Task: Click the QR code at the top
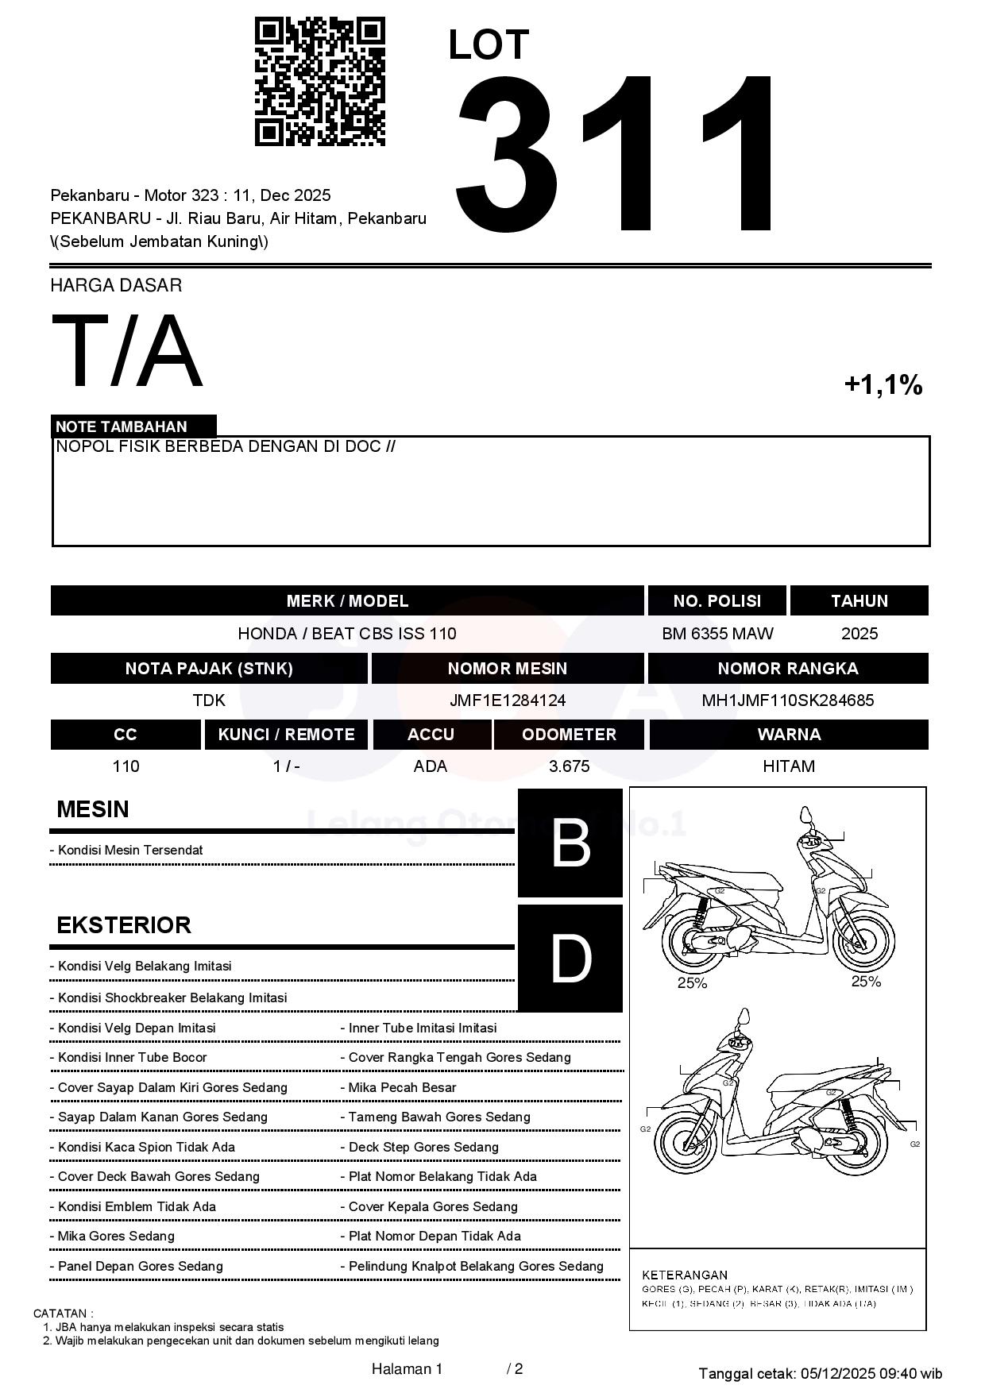319,82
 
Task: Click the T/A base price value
127,352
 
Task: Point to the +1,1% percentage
883,385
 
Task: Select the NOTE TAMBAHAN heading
122,426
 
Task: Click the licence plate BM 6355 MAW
717,634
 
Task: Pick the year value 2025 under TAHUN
859,634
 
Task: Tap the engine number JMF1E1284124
508,700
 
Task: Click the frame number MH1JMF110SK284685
787,700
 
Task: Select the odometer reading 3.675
569,766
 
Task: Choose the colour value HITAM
789,766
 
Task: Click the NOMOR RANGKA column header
787,669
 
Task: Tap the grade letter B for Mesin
570,843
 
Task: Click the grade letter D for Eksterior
570,959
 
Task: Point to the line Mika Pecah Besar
402,1087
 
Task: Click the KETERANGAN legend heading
685,1275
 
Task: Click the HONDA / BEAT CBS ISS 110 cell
347,634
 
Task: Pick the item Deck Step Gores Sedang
423,1147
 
